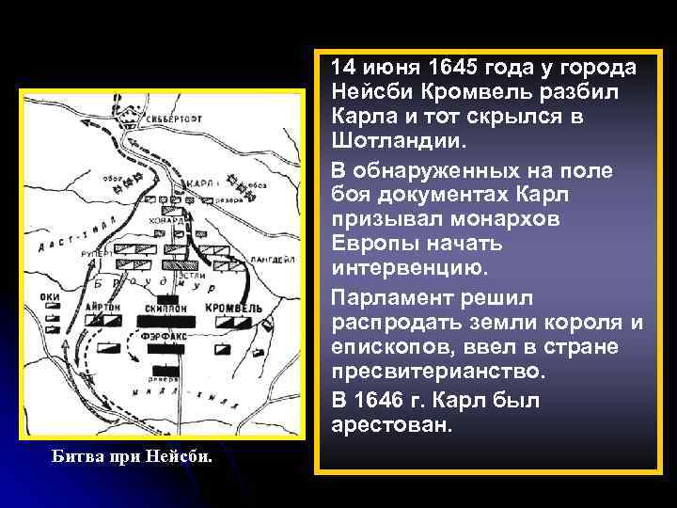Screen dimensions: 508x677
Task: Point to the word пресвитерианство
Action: tap(437, 373)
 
